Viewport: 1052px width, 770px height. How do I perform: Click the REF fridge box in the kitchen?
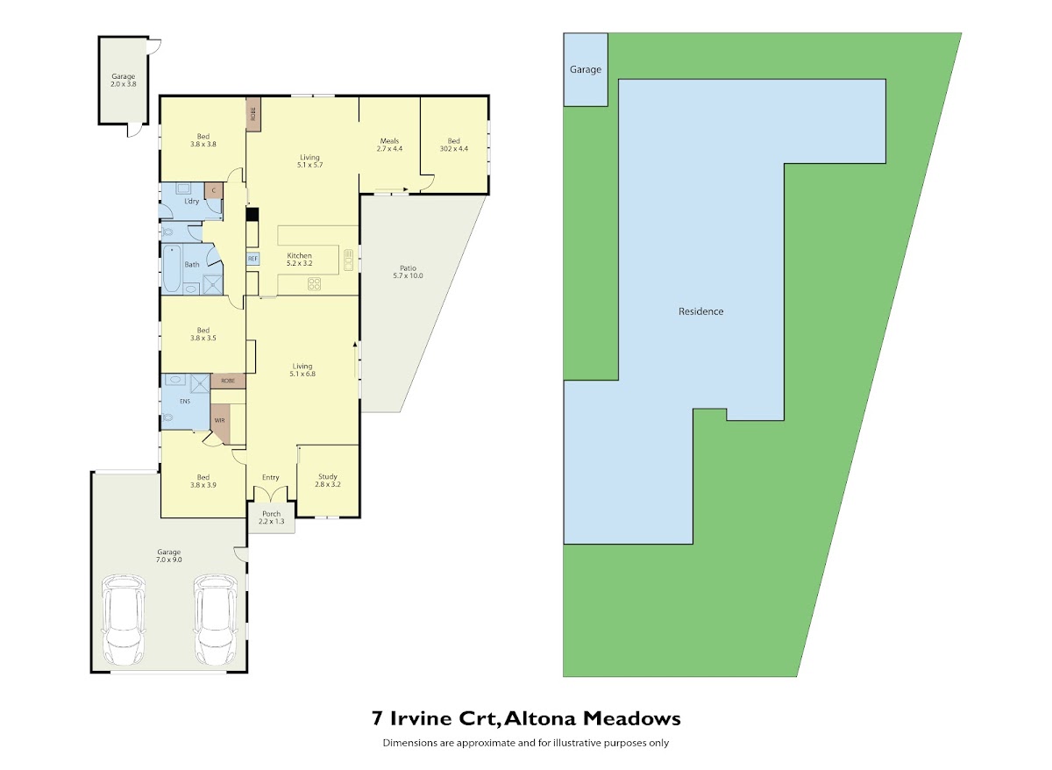click(x=252, y=259)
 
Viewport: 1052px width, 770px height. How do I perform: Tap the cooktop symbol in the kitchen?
click(x=314, y=284)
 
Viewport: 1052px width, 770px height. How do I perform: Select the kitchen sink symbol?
click(x=349, y=260)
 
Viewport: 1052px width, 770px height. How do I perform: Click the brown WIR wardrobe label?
click(x=220, y=420)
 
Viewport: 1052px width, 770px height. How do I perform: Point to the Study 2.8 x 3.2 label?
click(x=328, y=480)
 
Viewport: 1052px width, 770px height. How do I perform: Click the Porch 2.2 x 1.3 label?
click(x=272, y=517)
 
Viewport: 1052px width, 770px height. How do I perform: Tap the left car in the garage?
click(x=124, y=619)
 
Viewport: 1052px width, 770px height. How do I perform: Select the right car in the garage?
click(x=216, y=619)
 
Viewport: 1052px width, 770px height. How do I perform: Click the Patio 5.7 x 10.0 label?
click(x=409, y=272)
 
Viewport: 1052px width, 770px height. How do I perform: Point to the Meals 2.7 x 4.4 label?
click(x=389, y=145)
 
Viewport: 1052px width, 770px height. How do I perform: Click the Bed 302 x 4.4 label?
click(x=454, y=145)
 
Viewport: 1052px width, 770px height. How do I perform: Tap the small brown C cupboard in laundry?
click(x=214, y=190)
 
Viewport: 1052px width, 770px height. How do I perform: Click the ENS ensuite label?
click(x=185, y=401)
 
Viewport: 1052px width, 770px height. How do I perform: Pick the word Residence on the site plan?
click(x=700, y=311)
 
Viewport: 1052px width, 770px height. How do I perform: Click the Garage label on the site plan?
click(x=586, y=69)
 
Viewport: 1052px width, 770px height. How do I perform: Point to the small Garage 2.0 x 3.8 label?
click(x=124, y=80)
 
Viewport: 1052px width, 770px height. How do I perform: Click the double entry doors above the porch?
click(x=271, y=493)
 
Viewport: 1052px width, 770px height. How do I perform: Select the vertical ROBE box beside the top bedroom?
click(x=253, y=115)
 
